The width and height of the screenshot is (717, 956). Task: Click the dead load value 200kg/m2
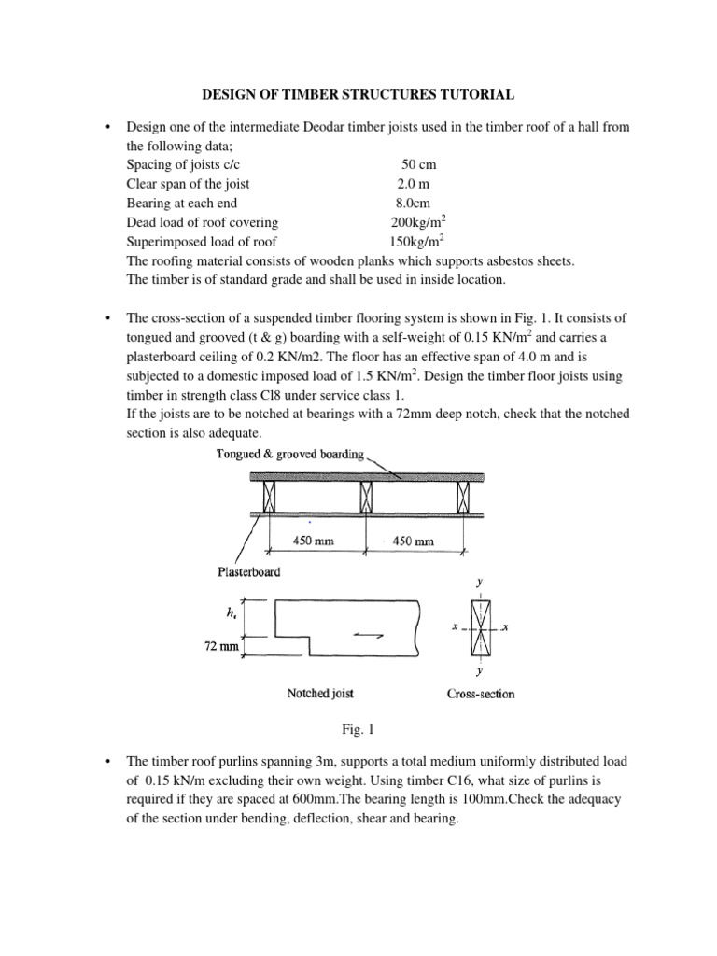pos(417,221)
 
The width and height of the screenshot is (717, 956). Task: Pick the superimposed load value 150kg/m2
pos(417,241)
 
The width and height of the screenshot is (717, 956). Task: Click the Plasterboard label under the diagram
pos(249,571)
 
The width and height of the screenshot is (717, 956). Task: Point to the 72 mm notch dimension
pos(221,644)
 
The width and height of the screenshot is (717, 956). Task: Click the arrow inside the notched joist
pos(367,635)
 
